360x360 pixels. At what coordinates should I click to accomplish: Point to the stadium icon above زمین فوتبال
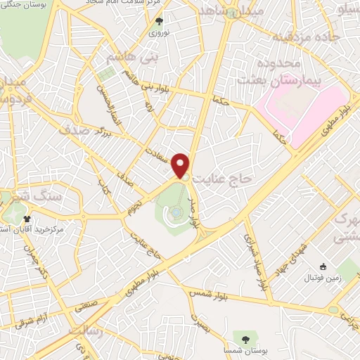(323, 266)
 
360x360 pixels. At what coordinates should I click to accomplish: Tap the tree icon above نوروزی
(159, 21)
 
